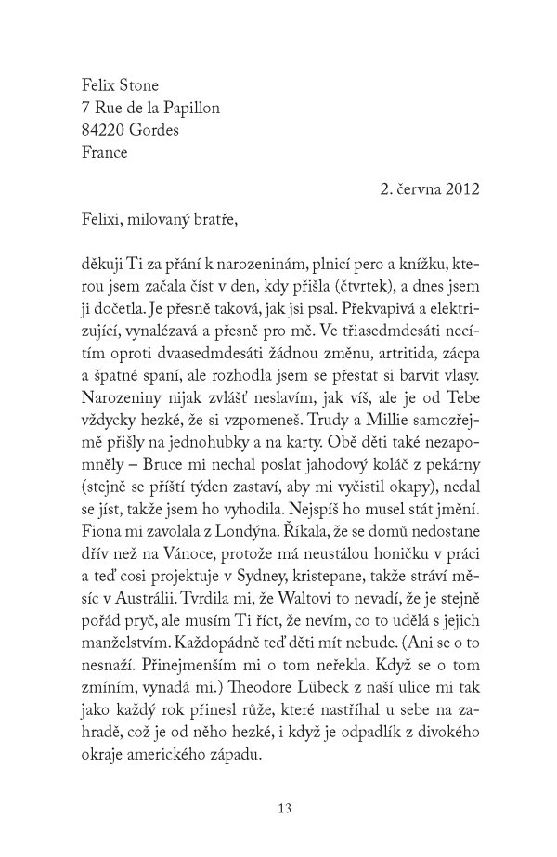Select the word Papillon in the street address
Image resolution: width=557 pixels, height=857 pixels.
(x=189, y=108)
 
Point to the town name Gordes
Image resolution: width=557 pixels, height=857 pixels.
(x=155, y=130)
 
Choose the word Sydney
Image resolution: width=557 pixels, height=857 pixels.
(x=266, y=574)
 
